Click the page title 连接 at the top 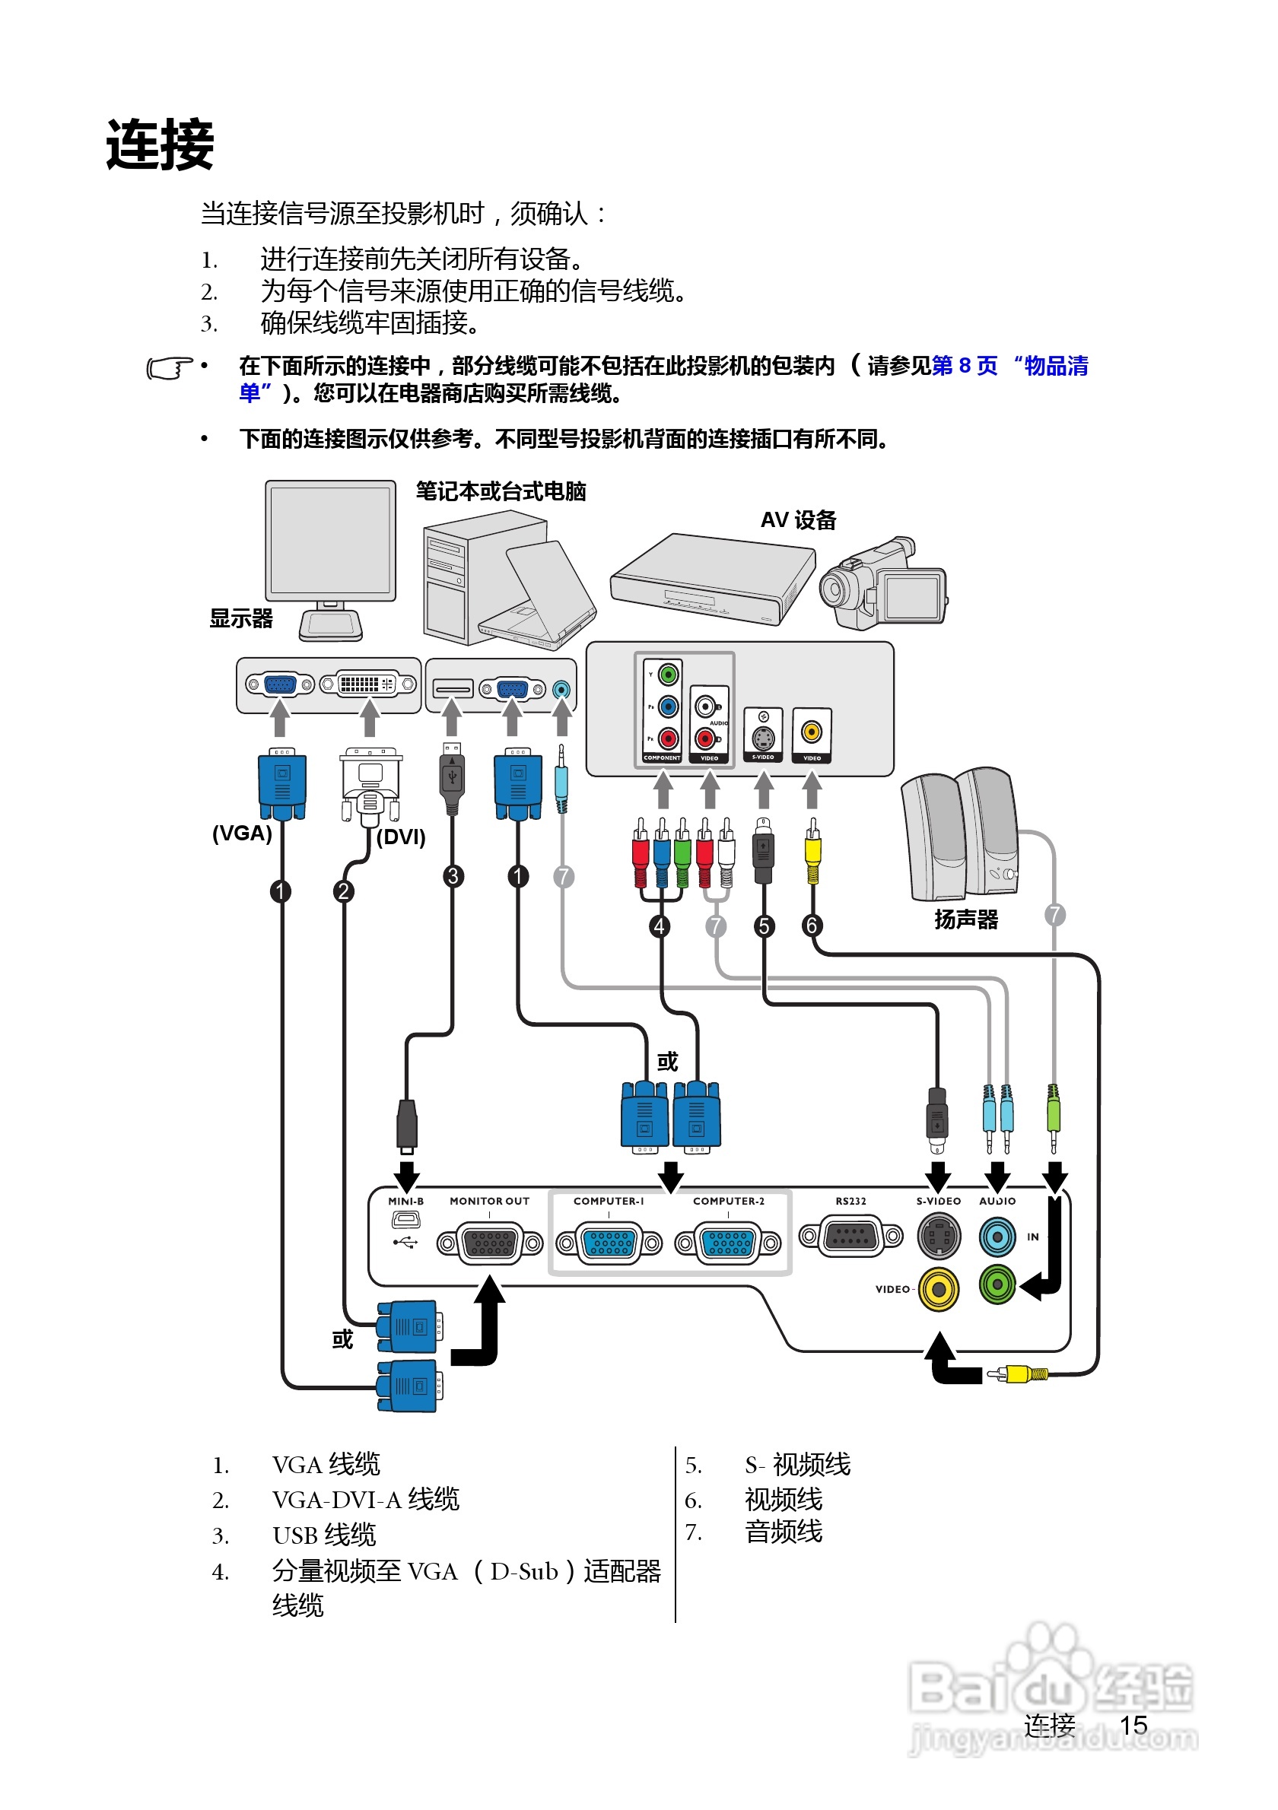(160, 144)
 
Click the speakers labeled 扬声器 (960, 837)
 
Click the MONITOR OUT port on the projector (490, 1243)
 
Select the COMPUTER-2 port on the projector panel (729, 1243)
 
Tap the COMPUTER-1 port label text (609, 1202)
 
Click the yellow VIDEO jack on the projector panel (938, 1290)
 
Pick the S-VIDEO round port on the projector (938, 1237)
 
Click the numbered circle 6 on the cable (812, 926)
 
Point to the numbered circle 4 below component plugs (660, 926)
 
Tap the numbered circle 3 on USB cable (453, 876)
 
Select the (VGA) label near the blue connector (241, 834)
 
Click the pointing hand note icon (170, 368)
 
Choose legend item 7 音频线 (783, 1532)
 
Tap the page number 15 (1133, 1726)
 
